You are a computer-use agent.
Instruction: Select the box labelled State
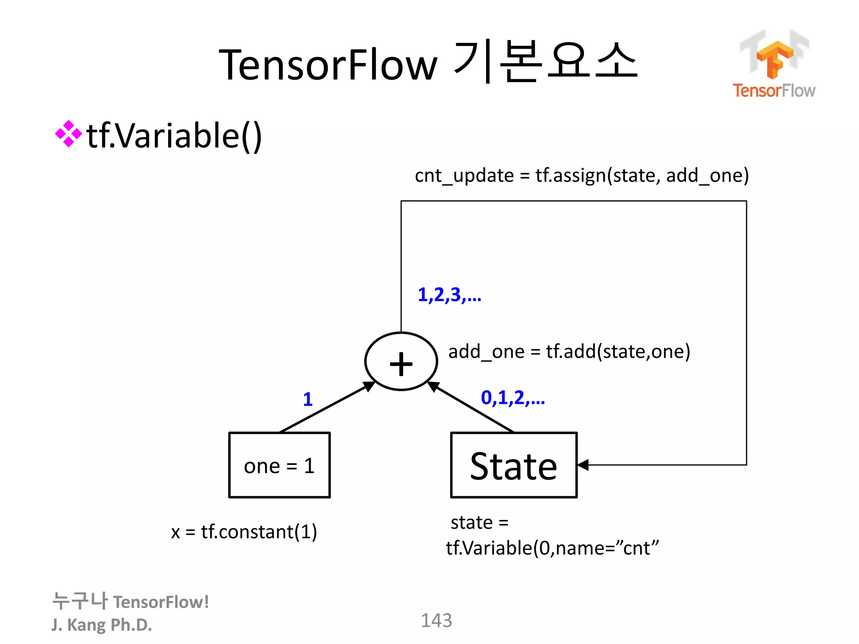point(513,465)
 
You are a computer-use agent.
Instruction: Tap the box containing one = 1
point(279,465)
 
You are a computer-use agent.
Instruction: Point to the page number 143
point(436,620)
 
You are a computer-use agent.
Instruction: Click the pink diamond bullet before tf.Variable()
point(68,134)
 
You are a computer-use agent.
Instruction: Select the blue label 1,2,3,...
point(449,295)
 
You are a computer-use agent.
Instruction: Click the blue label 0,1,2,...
point(513,397)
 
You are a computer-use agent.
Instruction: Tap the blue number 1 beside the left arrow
point(308,399)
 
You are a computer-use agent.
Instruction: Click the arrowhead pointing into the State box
point(583,465)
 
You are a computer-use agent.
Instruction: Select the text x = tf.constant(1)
point(244,532)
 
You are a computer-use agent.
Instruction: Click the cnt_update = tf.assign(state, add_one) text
point(581,175)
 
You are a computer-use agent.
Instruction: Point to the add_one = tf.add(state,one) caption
point(569,351)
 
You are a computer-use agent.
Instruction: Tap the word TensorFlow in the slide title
point(328,65)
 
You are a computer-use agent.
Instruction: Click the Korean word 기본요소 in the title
point(545,62)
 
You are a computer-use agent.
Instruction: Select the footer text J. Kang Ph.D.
point(102,625)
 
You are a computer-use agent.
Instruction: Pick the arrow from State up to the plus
point(472,407)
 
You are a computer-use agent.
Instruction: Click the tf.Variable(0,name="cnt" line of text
point(552,548)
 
